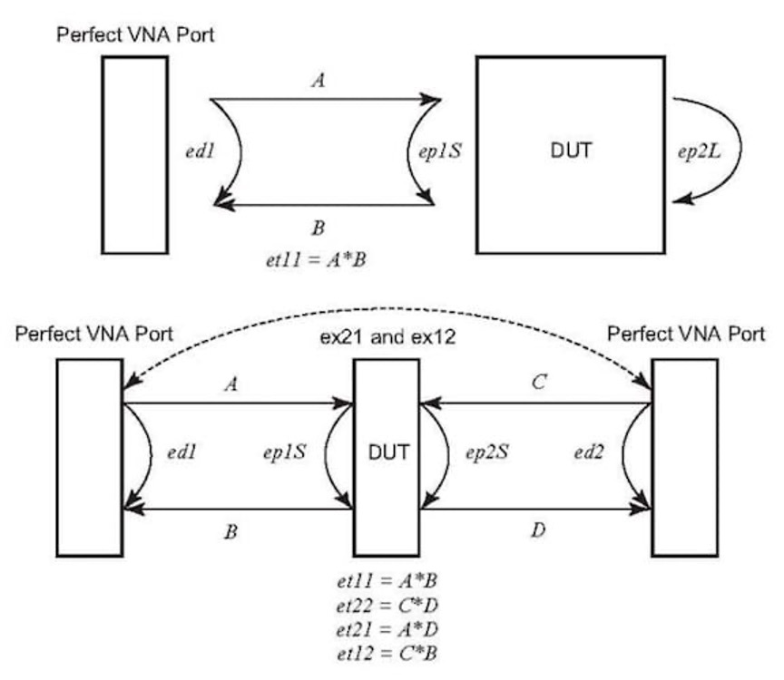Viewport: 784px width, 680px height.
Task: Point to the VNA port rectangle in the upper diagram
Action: click(x=134, y=154)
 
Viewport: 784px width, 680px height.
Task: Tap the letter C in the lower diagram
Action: click(x=539, y=382)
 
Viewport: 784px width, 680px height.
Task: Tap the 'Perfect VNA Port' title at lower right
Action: click(x=685, y=335)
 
